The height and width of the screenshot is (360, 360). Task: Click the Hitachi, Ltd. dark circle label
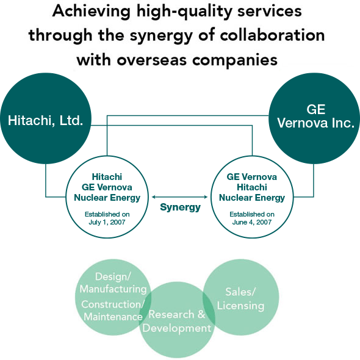tap(46, 121)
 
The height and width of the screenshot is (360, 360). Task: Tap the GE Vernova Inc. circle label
tap(315, 116)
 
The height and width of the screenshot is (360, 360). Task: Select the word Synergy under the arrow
tap(180, 207)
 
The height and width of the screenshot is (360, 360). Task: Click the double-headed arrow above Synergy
tap(179, 196)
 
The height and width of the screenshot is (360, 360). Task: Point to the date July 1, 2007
tap(107, 222)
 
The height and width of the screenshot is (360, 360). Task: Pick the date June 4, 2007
tap(252, 222)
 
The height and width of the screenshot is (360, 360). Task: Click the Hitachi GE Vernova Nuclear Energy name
tap(107, 187)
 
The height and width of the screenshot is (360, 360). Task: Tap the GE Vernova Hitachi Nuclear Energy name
tap(252, 187)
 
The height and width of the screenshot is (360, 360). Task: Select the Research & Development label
tap(177, 321)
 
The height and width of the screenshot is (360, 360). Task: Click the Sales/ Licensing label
tap(240, 299)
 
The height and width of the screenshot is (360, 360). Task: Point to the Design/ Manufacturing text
tap(113, 283)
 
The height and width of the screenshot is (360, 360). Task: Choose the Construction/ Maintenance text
tap(112, 311)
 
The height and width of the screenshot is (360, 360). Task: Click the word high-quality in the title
tap(184, 12)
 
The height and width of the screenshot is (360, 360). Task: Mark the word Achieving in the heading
tap(92, 12)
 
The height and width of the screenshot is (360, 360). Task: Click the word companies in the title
tap(235, 60)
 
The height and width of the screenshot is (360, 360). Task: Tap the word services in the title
tap(270, 12)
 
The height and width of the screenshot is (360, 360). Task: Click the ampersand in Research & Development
tap(201, 314)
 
